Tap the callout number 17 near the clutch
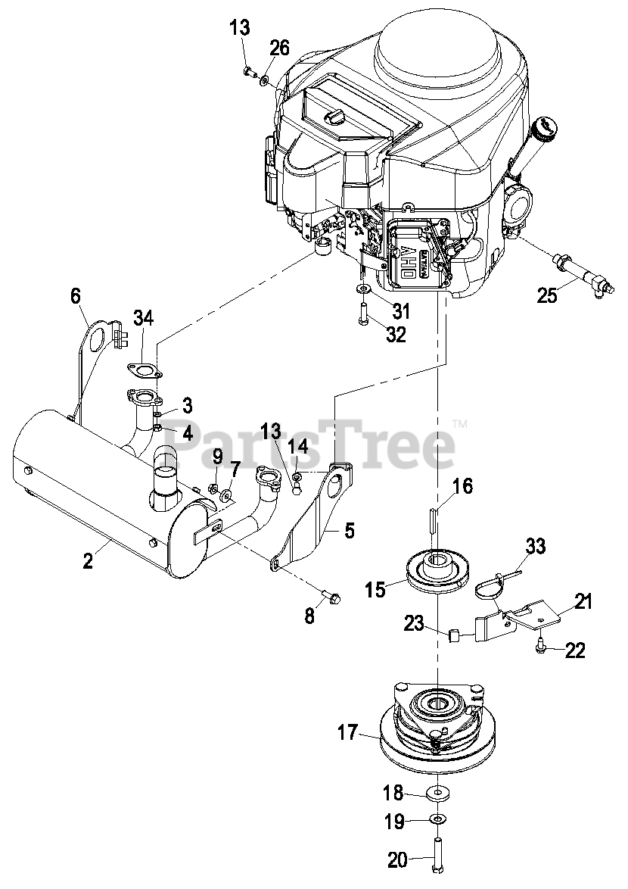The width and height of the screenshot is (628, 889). pyautogui.click(x=348, y=733)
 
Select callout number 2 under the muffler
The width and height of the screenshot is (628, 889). pyautogui.click(x=89, y=561)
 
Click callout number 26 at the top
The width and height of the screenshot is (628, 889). pyautogui.click(x=279, y=49)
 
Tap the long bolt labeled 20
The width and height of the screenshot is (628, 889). pyautogui.click(x=437, y=856)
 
